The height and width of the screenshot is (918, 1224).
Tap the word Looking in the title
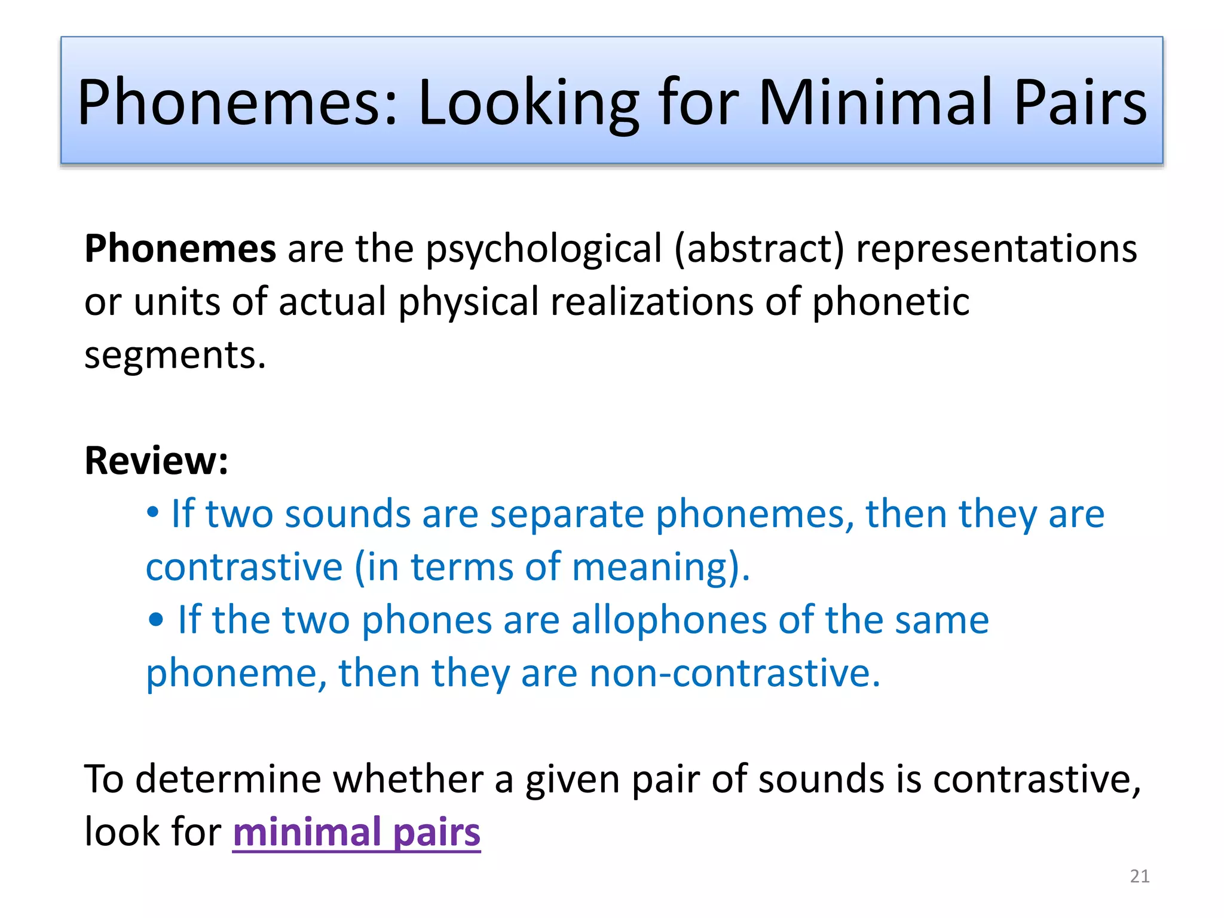[529, 103]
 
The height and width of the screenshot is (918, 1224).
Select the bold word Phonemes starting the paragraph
[180, 248]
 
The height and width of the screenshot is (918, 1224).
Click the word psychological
[543, 249]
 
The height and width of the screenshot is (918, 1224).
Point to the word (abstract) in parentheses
[759, 248]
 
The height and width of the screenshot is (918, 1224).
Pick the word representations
[996, 248]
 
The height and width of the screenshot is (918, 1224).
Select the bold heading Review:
[157, 461]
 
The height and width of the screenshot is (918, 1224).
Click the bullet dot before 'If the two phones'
[156, 620]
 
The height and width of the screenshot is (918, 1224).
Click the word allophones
[669, 620]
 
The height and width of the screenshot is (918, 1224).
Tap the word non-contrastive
[735, 673]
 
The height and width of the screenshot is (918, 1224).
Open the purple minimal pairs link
[356, 832]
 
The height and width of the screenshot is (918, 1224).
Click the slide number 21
[1140, 876]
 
